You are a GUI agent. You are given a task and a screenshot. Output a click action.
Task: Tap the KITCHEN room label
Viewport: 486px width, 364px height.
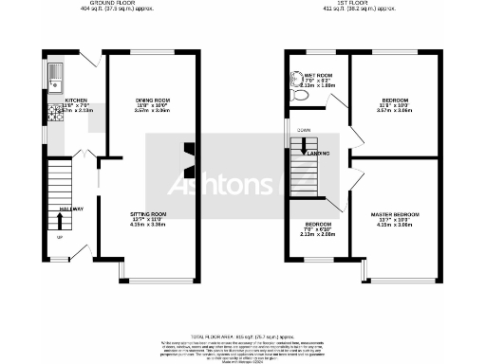(76, 100)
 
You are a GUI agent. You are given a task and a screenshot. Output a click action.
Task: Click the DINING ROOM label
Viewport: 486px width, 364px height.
(151, 100)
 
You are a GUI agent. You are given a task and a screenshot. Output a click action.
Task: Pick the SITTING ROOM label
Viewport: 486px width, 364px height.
(148, 215)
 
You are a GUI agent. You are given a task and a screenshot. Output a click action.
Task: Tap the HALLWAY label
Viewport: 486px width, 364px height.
(72, 209)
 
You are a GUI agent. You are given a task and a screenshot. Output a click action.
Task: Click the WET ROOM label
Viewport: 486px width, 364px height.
(318, 75)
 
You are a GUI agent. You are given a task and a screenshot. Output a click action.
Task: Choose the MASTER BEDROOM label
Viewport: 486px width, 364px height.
(395, 215)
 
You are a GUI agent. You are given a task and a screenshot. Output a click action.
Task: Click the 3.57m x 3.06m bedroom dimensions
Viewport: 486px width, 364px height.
(395, 110)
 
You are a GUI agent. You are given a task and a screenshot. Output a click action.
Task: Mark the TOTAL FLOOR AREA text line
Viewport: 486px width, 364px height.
(243, 337)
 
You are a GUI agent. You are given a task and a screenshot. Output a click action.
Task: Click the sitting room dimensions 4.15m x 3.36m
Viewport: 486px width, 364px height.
(148, 225)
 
